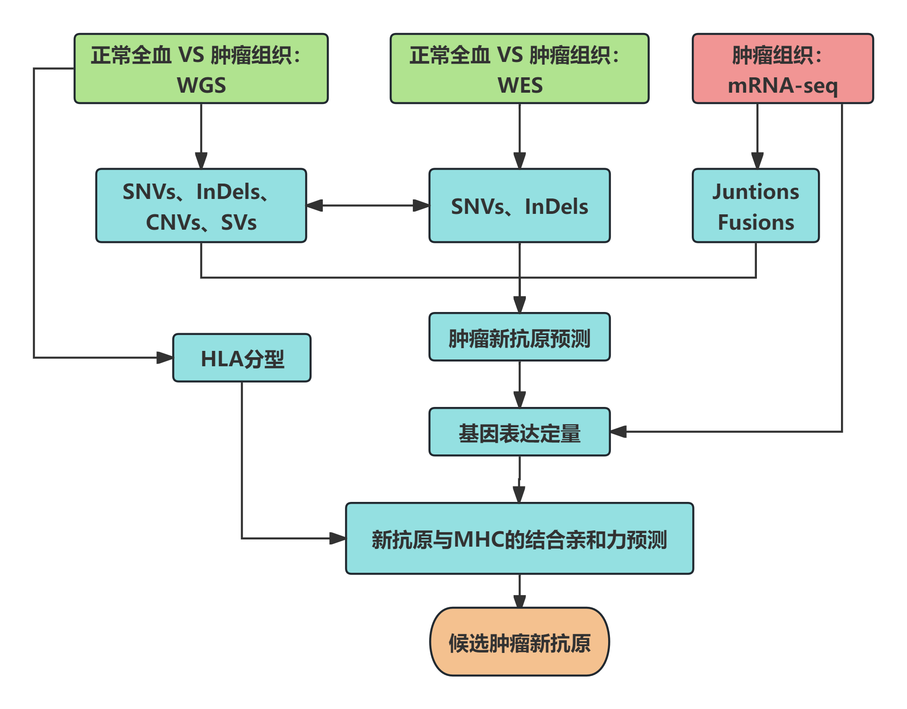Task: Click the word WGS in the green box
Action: pyautogui.click(x=201, y=85)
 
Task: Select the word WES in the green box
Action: pyautogui.click(x=520, y=85)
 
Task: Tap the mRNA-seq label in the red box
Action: pyautogui.click(x=783, y=85)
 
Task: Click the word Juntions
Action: pyautogui.click(x=756, y=192)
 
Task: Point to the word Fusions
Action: pyautogui.click(x=756, y=222)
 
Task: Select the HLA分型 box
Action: pyautogui.click(x=242, y=358)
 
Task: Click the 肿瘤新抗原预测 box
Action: pyautogui.click(x=520, y=337)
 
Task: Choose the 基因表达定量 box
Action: pyautogui.click(x=520, y=432)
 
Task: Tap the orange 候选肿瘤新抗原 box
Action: pyautogui.click(x=520, y=642)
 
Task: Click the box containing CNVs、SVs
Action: pyautogui.click(x=201, y=206)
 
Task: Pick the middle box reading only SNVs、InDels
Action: pyautogui.click(x=520, y=206)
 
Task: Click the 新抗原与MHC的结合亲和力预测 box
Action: pyautogui.click(x=520, y=539)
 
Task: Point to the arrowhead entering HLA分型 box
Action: pyautogui.click(x=165, y=358)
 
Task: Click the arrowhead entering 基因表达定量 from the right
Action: pyautogui.click(x=619, y=432)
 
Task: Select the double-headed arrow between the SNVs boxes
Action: pyautogui.click(x=368, y=206)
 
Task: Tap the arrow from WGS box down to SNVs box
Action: pyautogui.click(x=201, y=136)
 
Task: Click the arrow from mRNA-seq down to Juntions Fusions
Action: pyautogui.click(x=757, y=136)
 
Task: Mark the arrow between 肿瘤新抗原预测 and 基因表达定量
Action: pyautogui.click(x=520, y=384)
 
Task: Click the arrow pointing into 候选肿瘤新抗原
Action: pyautogui.click(x=520, y=592)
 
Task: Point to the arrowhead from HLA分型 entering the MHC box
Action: pyautogui.click(x=338, y=538)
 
